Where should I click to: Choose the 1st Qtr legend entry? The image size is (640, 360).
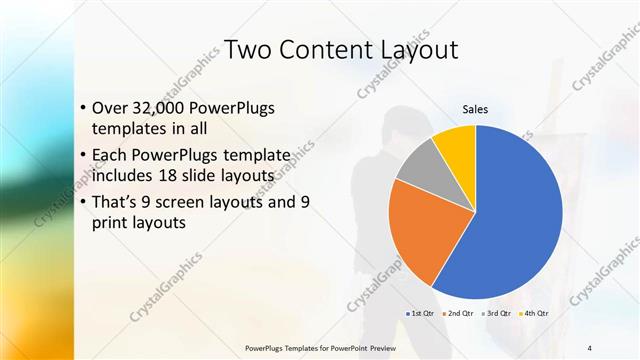point(419,313)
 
